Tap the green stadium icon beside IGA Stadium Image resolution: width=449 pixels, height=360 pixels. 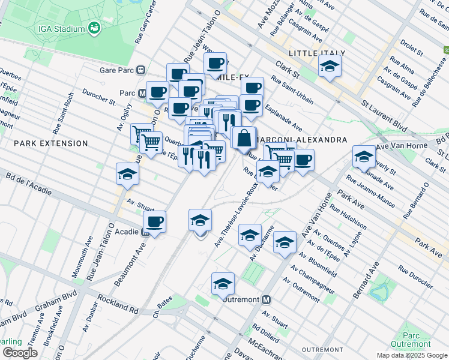coord(94,28)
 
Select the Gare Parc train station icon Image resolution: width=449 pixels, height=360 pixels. coord(140,69)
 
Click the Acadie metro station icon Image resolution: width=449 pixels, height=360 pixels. coord(146,232)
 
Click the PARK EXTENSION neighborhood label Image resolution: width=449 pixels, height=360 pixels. coord(51,143)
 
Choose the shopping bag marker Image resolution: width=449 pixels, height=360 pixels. coord(244,139)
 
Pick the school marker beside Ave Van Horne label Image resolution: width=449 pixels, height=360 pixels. coord(364,157)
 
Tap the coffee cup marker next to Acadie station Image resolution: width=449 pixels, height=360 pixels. coord(155,222)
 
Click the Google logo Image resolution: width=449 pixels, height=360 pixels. coord(20,353)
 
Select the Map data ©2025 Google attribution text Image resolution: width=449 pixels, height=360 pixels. coord(411,355)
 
